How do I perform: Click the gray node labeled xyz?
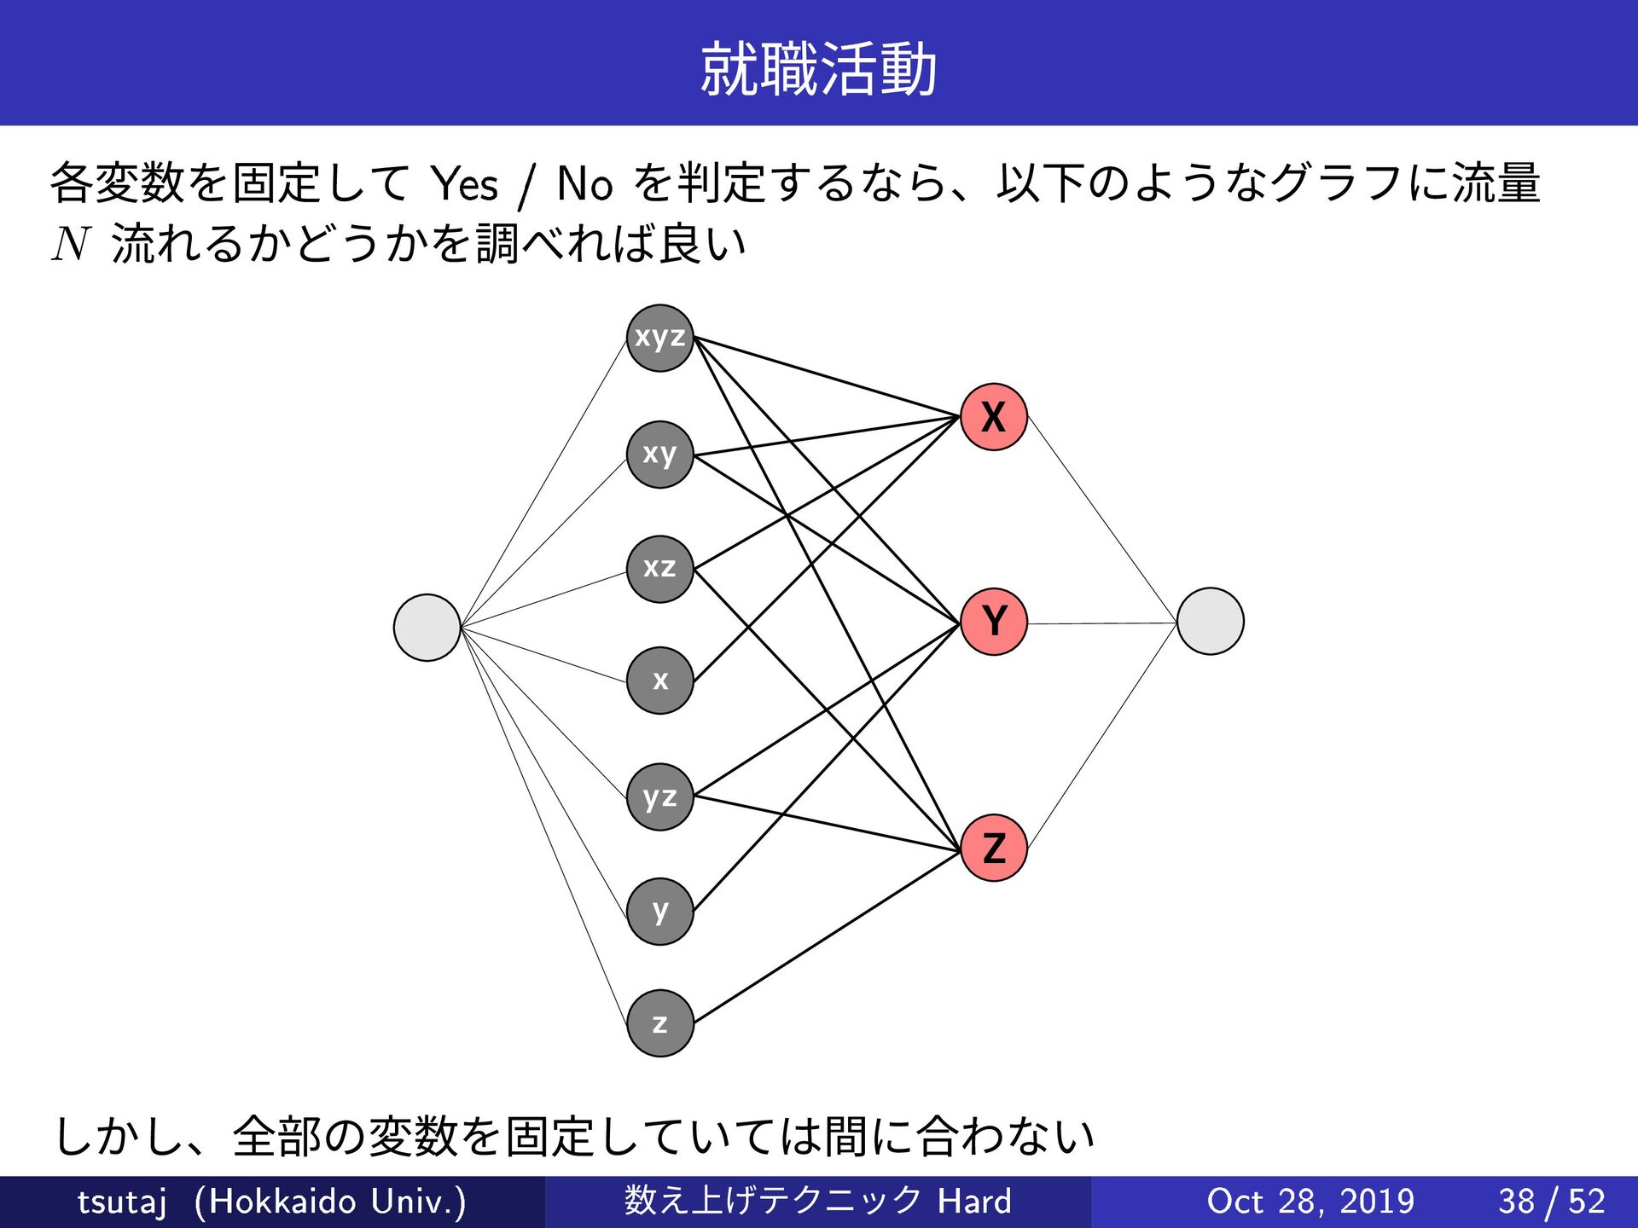point(659,338)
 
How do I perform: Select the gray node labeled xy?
point(659,455)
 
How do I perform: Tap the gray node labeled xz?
point(659,569)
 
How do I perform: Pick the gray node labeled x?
point(659,681)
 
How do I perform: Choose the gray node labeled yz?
point(659,797)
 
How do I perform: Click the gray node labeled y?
point(659,912)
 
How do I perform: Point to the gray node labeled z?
point(659,1023)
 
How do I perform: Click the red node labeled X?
point(994,417)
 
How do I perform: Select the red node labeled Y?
point(994,622)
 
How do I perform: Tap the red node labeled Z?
point(994,848)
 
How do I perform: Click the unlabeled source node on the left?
point(427,628)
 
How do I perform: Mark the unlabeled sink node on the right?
point(1210,621)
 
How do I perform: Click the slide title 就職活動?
point(818,69)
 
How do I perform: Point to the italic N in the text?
point(71,244)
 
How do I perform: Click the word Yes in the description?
point(464,184)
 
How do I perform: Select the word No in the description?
point(584,184)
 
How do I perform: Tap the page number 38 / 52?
point(1552,1202)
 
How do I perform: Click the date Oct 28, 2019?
point(1310,1202)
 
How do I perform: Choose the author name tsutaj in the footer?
point(122,1202)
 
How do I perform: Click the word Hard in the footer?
point(974,1202)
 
